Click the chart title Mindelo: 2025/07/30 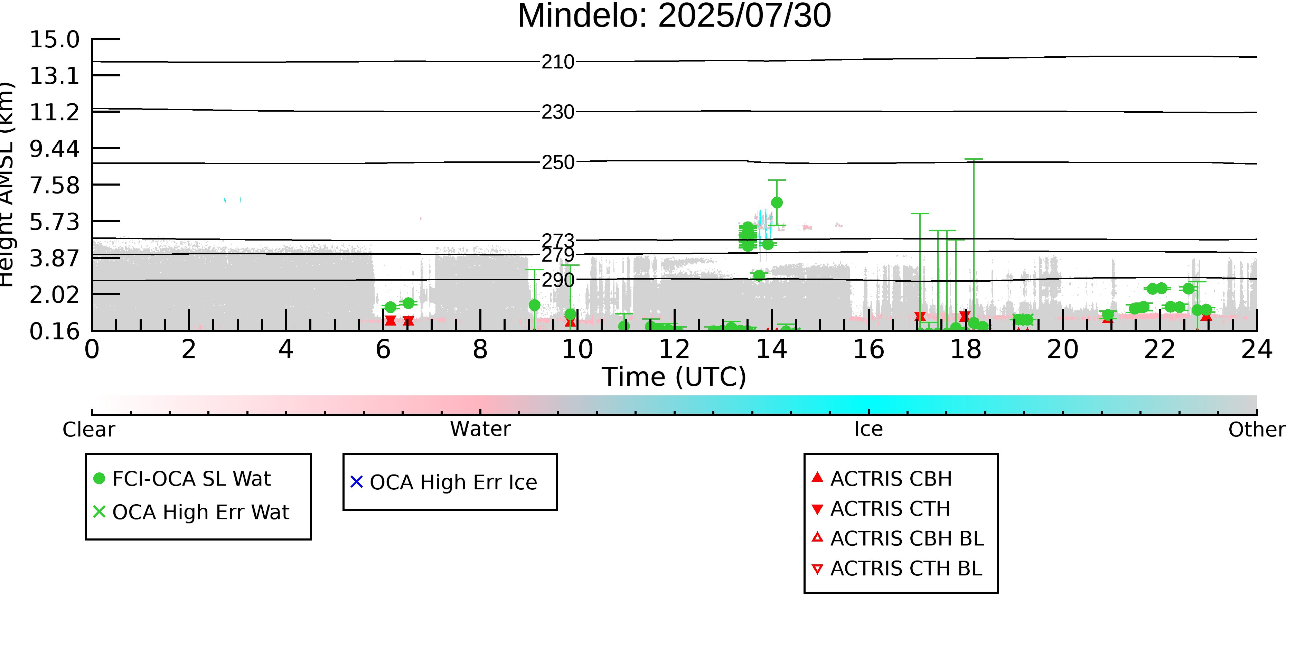click(x=674, y=16)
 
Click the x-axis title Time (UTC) click(x=674, y=377)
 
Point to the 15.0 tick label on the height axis click(x=54, y=40)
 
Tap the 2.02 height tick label click(x=54, y=295)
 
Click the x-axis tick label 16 click(x=868, y=350)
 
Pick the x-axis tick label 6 click(x=383, y=350)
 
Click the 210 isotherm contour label click(x=558, y=62)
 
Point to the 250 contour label click(x=558, y=162)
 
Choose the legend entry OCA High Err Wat click(x=191, y=512)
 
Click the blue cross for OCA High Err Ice click(x=357, y=482)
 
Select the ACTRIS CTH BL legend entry click(x=897, y=569)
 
